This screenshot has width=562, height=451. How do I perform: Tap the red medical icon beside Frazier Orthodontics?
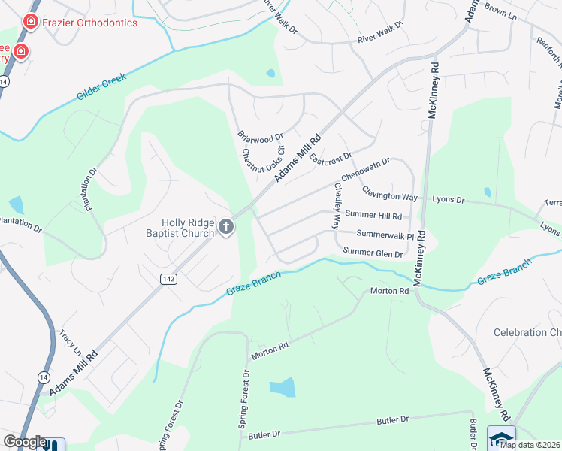point(31,22)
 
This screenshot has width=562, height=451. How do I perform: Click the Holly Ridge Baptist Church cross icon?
point(226,226)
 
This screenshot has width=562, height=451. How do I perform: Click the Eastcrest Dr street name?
point(331,159)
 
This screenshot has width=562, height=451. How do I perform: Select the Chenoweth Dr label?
point(366,170)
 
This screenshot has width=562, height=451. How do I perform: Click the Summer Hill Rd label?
point(373,215)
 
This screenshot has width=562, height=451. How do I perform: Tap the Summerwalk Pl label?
point(385,235)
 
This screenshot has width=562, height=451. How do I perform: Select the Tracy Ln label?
point(71,342)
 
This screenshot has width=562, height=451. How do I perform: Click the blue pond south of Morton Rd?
point(282,388)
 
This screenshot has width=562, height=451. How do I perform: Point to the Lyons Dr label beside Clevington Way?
point(449,200)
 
